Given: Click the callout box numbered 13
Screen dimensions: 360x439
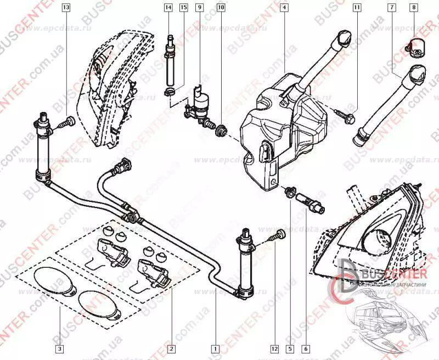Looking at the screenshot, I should click(x=66, y=8).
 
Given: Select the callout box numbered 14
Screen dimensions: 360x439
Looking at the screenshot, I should click(x=168, y=8).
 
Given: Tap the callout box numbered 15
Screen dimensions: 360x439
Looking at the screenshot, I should click(x=183, y=8).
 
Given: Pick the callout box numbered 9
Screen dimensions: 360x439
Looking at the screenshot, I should click(x=199, y=8).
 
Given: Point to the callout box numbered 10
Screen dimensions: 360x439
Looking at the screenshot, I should click(x=221, y=8).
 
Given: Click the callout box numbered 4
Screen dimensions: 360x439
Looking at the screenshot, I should click(x=284, y=8).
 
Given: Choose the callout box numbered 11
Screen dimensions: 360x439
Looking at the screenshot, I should click(x=357, y=8).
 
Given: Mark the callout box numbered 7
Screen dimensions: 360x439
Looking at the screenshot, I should click(x=392, y=8).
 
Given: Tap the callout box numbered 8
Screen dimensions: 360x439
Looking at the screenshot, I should click(x=414, y=8).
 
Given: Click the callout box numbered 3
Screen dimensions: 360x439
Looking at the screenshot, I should click(x=59, y=348).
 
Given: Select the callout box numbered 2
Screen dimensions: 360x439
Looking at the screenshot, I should click(x=171, y=348).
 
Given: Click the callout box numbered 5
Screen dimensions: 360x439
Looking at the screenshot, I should click(x=290, y=348).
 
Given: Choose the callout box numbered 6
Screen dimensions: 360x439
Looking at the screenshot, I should click(x=306, y=348).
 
